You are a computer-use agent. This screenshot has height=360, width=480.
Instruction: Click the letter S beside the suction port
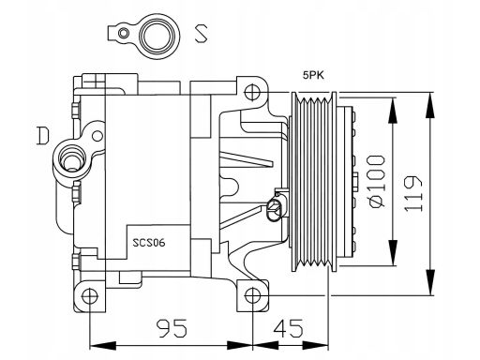pyautogui.click(x=201, y=34)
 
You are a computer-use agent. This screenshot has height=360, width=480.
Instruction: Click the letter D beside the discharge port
pyautogui.click(x=42, y=136)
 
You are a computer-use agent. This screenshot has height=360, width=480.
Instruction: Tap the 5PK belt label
pyautogui.click(x=313, y=75)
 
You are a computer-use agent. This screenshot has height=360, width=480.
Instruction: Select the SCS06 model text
pyautogui.click(x=149, y=243)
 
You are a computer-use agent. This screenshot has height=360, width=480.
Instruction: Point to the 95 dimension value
pyautogui.click(x=172, y=328)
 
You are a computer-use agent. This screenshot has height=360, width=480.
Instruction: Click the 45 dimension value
pyautogui.click(x=289, y=328)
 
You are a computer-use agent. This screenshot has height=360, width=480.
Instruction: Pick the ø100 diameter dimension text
pyautogui.click(x=377, y=181)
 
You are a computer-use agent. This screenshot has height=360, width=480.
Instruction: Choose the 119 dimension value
pyautogui.click(x=413, y=194)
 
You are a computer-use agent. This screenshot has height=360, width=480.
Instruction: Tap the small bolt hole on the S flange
pyautogui.click(x=124, y=33)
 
